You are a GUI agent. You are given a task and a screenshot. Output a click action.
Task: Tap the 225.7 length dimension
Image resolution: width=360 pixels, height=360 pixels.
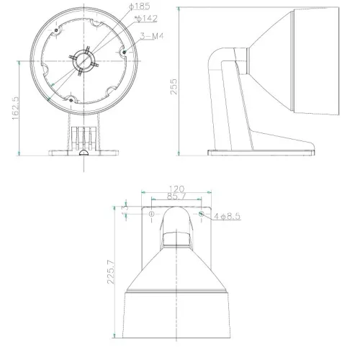tap(110, 272)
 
